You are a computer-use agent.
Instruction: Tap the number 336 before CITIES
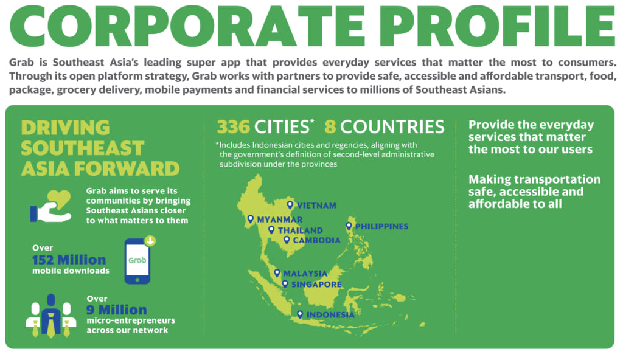pos(234,127)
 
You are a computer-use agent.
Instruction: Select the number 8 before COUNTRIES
pos(330,127)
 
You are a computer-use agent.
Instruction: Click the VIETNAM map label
pos(316,206)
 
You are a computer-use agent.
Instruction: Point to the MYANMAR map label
pos(279,220)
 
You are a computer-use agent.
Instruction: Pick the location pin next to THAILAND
pos(271,230)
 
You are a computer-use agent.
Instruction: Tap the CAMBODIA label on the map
pos(316,240)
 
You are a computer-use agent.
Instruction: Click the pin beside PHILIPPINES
pos(349,226)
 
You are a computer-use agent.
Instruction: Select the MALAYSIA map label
pos(305,274)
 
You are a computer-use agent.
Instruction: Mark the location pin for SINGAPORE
pos(285,284)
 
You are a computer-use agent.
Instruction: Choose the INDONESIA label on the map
pos(330,315)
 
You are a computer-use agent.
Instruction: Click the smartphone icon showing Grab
pos(137,261)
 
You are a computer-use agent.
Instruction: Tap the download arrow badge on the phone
pos(150,241)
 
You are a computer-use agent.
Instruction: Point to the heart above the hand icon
pos(59,199)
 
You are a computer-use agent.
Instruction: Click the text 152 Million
pos(69,260)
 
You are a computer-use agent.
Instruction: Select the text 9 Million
pos(117,310)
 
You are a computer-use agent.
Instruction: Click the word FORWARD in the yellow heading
pos(127,168)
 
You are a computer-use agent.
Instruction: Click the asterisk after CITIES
pos(312,121)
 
